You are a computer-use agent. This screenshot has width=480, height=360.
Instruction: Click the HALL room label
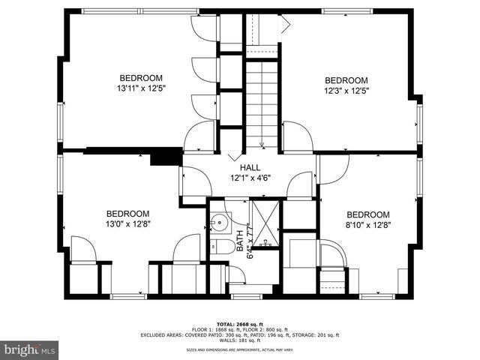click(x=250, y=167)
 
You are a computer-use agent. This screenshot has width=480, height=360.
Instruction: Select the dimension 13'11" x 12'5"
click(x=141, y=88)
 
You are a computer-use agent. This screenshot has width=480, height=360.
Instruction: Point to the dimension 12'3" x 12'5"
click(x=346, y=91)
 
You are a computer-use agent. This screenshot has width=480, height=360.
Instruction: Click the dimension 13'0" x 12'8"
click(x=127, y=223)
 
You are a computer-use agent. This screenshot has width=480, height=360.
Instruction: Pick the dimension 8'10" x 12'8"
click(x=368, y=223)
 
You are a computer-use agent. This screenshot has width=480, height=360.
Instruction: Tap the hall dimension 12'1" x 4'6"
click(x=250, y=178)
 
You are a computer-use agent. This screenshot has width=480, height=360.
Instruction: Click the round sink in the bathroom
click(x=220, y=223)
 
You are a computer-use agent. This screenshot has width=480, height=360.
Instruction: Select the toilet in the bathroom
click(x=220, y=248)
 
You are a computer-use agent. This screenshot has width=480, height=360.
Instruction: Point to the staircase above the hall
click(x=262, y=105)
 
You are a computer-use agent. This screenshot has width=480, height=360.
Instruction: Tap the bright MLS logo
click(x=30, y=349)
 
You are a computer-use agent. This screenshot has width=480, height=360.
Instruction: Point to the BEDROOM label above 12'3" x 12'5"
click(x=346, y=80)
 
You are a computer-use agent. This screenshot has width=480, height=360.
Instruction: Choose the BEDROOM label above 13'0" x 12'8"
click(x=127, y=213)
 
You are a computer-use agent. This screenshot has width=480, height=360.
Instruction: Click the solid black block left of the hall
click(x=166, y=157)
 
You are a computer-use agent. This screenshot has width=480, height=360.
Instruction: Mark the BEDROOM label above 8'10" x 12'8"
click(x=368, y=213)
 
